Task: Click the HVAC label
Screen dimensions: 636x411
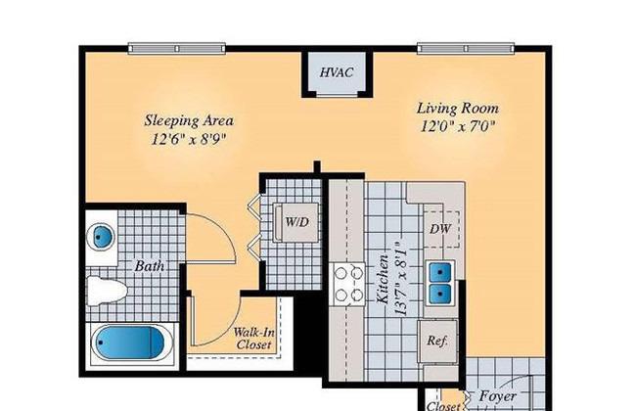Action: coord(337,72)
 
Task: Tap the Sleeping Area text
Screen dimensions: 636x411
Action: coord(189,121)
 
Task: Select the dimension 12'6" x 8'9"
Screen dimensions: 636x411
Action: coord(189,139)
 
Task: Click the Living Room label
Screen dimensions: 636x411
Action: coord(458,109)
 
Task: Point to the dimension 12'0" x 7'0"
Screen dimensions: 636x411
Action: coord(458,126)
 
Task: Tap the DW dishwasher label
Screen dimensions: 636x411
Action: coord(440,229)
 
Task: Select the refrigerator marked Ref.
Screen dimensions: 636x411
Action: coord(437,342)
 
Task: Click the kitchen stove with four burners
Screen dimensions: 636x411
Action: coord(349,284)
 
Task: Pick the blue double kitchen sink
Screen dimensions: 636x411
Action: coord(439,281)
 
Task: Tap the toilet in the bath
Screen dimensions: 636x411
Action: coord(107,291)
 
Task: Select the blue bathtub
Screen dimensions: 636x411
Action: coord(128,342)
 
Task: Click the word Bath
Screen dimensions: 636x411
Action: coord(150,266)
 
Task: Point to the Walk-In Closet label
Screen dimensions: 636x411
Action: coord(253,339)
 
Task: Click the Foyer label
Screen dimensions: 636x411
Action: coord(498,395)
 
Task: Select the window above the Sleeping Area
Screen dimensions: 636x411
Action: coord(177,49)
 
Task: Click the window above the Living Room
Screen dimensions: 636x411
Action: coord(466,49)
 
